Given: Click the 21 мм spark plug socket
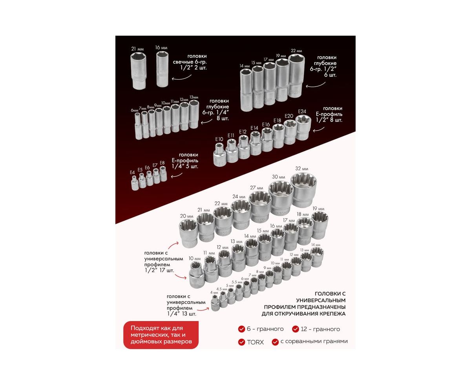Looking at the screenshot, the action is point(138,71).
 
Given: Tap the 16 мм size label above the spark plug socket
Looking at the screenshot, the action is point(161,47).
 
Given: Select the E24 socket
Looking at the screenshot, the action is point(303,127).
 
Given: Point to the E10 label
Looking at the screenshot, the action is point(219,139).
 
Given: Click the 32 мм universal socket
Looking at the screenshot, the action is point(303,190).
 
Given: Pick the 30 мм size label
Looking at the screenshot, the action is point(278,177).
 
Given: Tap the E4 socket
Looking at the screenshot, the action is point(135,183).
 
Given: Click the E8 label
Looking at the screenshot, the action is point(162,163).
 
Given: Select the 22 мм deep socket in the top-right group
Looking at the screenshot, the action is point(296,75).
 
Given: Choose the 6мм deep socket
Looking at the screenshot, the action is point(139,126).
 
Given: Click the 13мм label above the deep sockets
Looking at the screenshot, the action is point(194,97).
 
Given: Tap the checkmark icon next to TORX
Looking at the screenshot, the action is point(241,342).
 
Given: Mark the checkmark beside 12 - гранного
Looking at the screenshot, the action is point(296,329).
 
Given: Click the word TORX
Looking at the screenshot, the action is point(255,342).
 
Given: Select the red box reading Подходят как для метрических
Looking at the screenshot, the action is point(161,335).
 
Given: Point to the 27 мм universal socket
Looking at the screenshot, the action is point(260,206).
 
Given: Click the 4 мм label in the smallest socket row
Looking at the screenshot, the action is point(214,292).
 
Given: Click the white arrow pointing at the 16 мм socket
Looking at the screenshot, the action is point(181,78).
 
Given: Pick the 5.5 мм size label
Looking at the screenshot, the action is point(237,282).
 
